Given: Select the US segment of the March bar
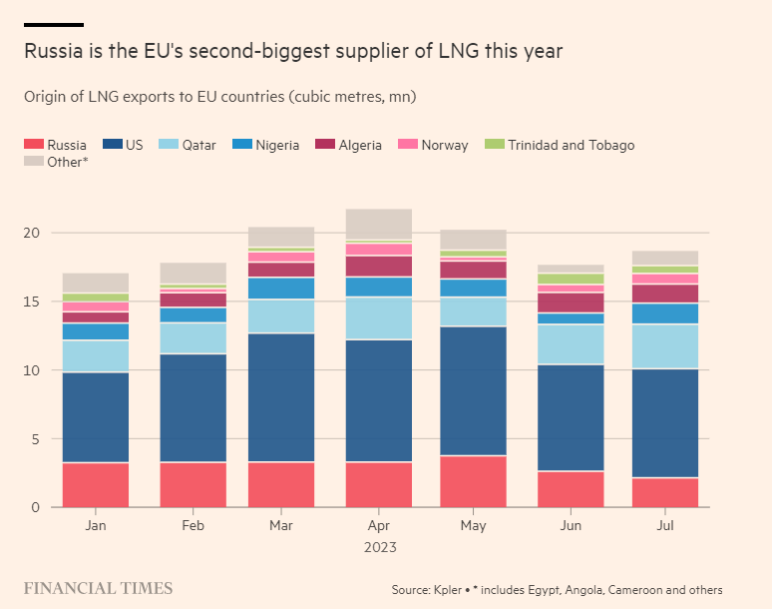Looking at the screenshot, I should point(280,397).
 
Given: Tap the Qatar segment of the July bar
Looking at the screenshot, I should point(664,346).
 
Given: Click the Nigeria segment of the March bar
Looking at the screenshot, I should point(280,288).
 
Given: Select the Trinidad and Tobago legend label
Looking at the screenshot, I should point(571,145).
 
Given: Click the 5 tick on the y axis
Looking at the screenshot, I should point(38,439).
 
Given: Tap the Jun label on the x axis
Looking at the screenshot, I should point(569,525).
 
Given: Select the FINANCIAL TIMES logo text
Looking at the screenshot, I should point(98,588).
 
